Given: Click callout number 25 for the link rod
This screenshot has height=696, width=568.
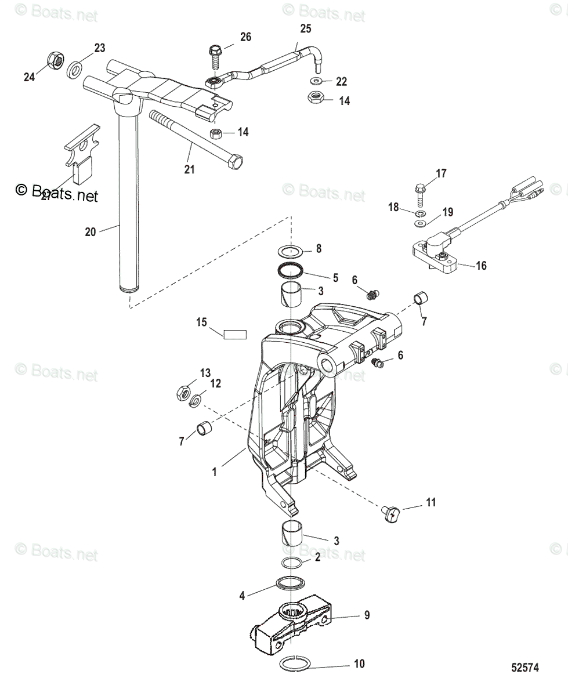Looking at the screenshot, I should click(x=305, y=28).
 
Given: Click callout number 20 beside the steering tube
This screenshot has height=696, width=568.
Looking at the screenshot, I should click(x=90, y=232).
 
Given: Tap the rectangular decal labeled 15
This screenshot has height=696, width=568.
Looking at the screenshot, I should click(x=236, y=334).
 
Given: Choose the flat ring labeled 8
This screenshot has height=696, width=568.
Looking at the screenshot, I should click(x=291, y=251).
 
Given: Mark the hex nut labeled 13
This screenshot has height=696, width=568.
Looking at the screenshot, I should click(x=182, y=393).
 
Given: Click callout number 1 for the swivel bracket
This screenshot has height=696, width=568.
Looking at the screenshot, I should click(x=214, y=472).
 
